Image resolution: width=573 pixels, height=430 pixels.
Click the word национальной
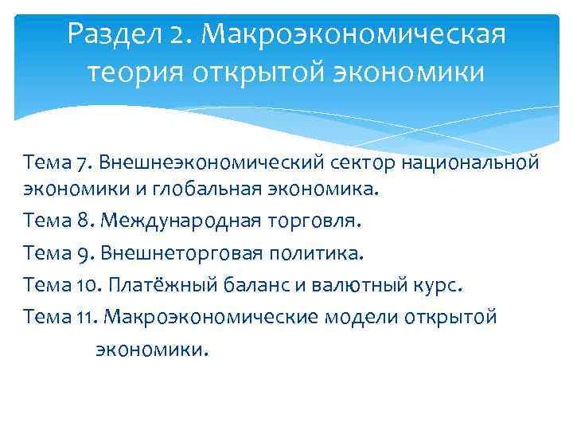click(475, 163)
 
